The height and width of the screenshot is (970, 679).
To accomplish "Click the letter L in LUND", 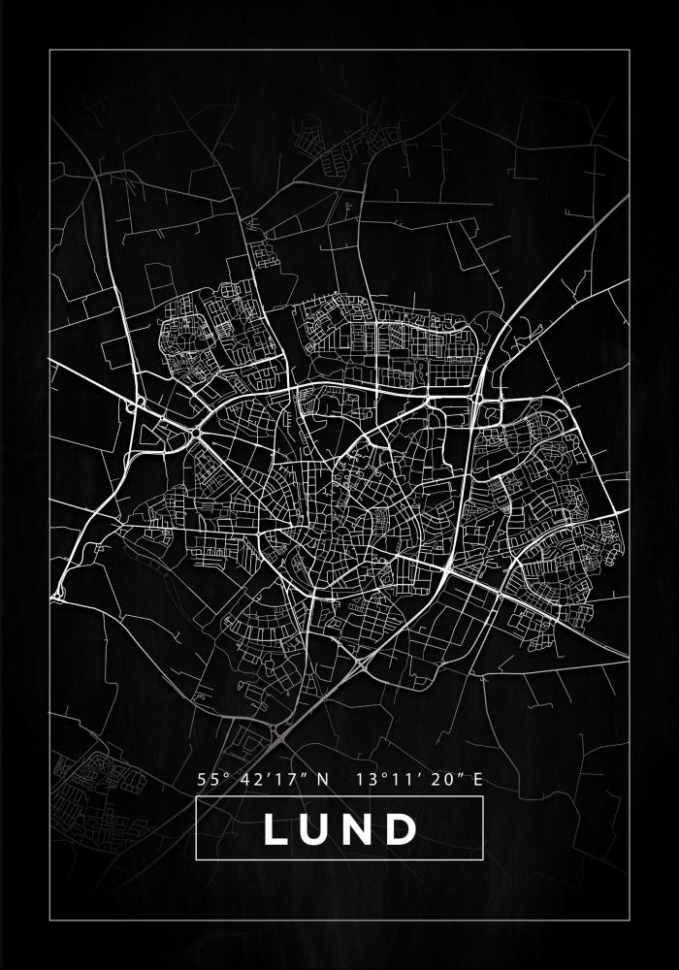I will (276, 829).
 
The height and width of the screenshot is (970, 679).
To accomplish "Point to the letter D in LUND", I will (402, 829).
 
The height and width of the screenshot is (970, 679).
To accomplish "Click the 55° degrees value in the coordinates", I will (211, 778).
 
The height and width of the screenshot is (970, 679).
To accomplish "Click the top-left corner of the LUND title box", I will (196, 796).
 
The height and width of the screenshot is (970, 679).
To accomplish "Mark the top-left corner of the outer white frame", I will (49, 49).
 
